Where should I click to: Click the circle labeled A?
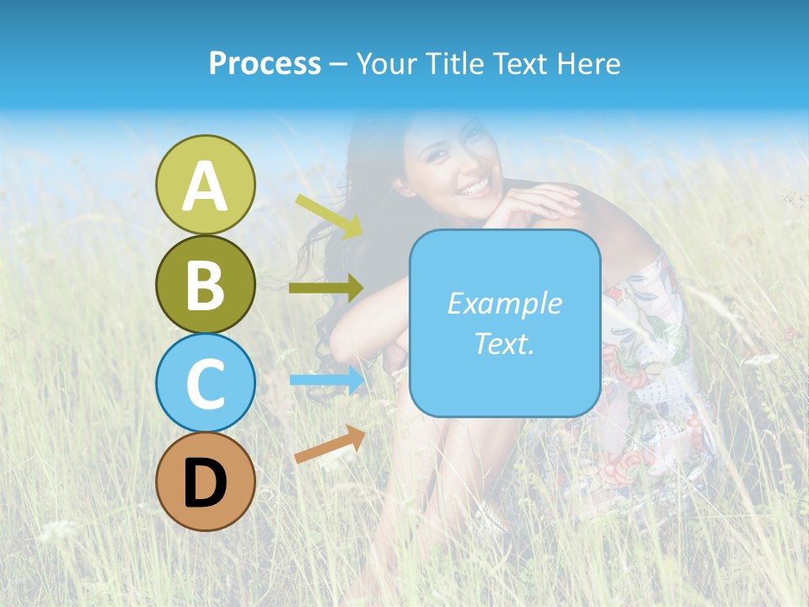[x=205, y=185]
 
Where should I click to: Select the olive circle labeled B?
[x=205, y=284]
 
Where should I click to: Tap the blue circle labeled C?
[x=205, y=383]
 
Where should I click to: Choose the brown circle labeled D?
[x=205, y=481]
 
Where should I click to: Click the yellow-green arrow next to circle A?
[x=329, y=216]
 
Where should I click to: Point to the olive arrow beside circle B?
[x=325, y=288]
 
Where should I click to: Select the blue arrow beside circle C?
[x=325, y=379]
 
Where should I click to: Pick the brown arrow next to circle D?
[x=329, y=444]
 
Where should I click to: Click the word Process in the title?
[x=265, y=64]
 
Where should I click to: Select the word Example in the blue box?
[x=504, y=303]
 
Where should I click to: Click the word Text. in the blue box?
[x=504, y=343]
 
